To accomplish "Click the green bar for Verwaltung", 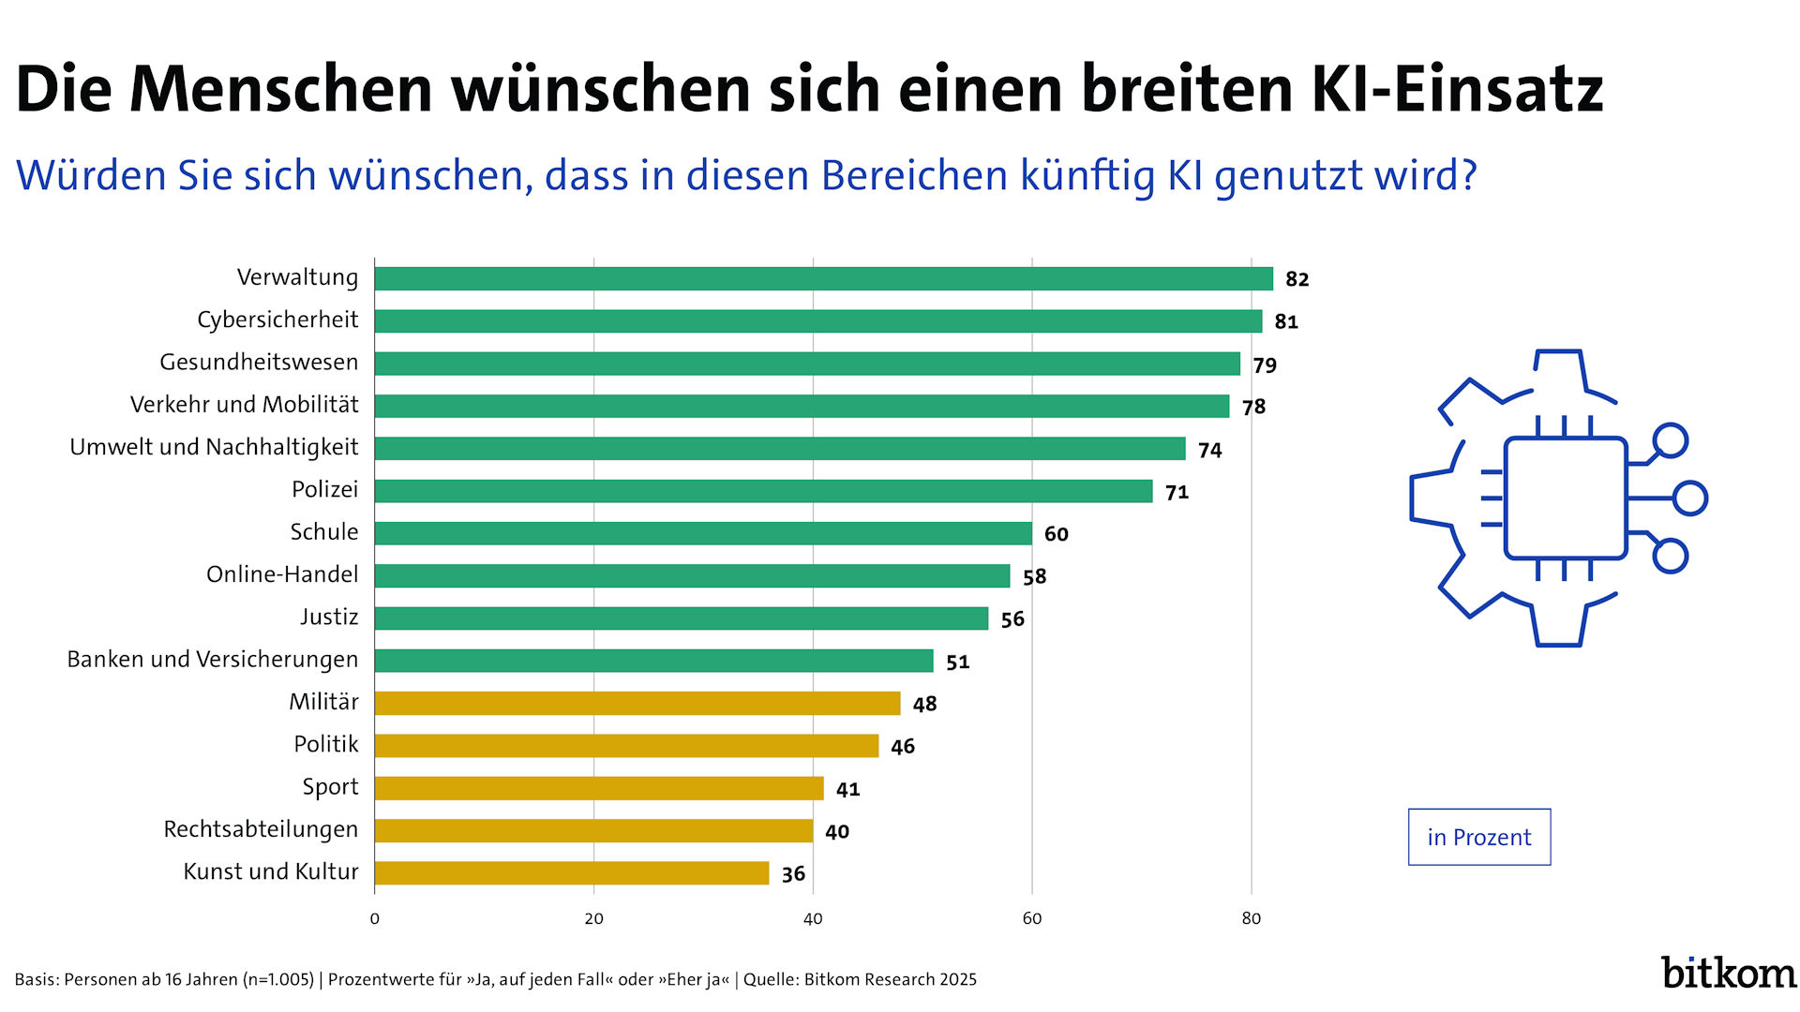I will (823, 278).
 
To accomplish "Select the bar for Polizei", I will (763, 491).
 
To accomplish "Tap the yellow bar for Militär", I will (637, 703).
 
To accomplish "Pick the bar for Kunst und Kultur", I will (572, 873).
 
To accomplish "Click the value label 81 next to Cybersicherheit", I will (1286, 321).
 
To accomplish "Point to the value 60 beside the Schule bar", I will (1057, 534).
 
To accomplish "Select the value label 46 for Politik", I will (903, 747).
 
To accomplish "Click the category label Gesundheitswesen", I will (259, 363).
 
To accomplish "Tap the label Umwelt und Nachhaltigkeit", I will (214, 447).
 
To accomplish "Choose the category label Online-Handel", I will (282, 574).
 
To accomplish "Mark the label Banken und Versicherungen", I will (212, 660).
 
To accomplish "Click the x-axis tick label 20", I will (593, 919).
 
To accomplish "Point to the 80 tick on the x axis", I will (1252, 919).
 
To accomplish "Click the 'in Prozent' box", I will (1478, 837).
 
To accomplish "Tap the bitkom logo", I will (1728, 973).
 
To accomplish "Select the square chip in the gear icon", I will (1565, 498).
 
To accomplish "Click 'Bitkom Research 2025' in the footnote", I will (890, 980).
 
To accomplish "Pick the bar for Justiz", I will (681, 618).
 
